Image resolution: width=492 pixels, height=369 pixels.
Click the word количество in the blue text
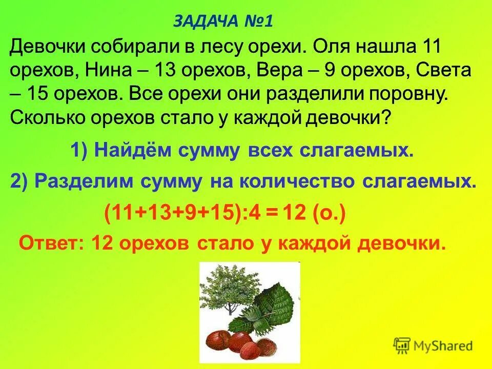[299, 182]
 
